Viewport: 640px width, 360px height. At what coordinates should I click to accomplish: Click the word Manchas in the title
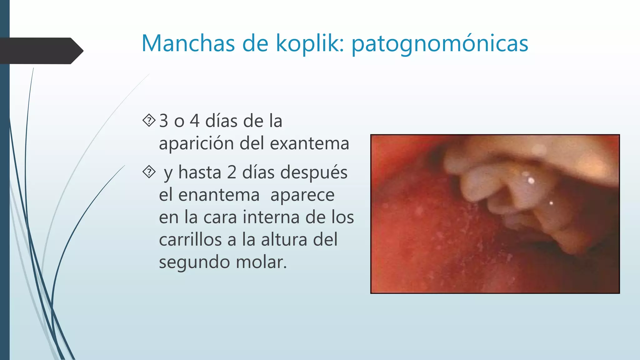188,43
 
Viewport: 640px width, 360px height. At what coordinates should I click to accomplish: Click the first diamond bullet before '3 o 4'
149,120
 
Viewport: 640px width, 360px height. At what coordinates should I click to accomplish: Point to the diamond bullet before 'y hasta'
149,172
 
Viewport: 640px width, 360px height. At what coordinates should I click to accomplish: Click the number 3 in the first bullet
164,121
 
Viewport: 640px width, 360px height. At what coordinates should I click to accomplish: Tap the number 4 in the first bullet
195,121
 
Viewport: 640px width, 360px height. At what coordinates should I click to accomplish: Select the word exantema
309,143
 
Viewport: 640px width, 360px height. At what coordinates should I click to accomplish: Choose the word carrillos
191,240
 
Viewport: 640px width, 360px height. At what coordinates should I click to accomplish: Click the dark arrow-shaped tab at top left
41,51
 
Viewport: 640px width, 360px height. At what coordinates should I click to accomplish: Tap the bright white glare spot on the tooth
531,180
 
